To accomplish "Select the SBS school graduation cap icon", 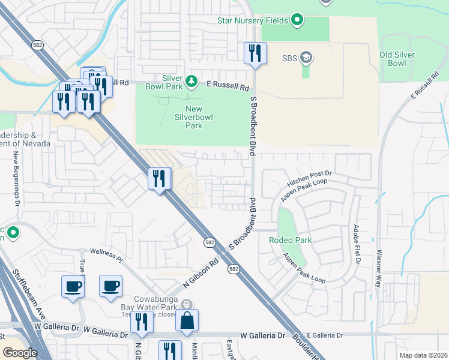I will click(x=306, y=58).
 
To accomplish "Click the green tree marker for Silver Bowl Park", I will click(x=191, y=80).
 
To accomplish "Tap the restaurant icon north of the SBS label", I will click(x=255, y=53).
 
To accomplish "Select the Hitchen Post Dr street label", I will click(x=309, y=173).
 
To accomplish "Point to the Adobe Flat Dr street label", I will click(x=357, y=245).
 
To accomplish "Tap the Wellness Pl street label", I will click(x=106, y=256).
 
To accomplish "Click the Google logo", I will click(x=20, y=353).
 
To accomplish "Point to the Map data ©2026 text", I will click(x=423, y=355).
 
